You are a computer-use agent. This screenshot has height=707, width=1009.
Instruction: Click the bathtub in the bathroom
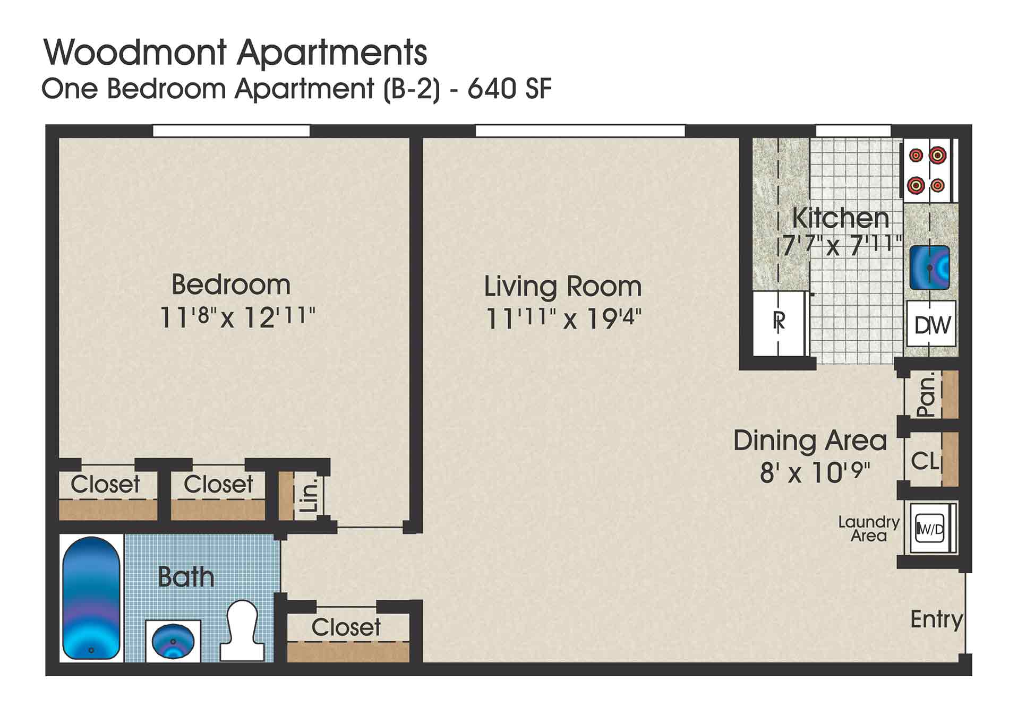(91, 598)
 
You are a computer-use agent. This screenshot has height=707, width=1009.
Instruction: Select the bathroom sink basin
(173, 641)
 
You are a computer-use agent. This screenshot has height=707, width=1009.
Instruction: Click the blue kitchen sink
(929, 268)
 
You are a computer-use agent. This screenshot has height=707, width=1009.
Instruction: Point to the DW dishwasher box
(932, 324)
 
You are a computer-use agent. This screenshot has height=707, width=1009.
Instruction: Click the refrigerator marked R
(779, 322)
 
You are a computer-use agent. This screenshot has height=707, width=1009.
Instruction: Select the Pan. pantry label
(926, 395)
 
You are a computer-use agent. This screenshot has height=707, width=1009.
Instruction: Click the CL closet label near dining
(925, 461)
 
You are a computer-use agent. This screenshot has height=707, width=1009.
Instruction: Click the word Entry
(936, 619)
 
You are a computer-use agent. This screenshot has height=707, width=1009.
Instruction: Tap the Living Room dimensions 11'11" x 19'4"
(563, 319)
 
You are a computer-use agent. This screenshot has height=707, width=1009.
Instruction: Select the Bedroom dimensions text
(237, 317)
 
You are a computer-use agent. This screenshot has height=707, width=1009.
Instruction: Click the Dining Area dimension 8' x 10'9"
(815, 472)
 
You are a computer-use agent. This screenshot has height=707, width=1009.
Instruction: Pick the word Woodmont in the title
(135, 53)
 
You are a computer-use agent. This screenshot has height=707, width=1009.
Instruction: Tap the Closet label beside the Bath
(346, 627)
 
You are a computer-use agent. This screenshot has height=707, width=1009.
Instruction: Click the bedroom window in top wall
(231, 131)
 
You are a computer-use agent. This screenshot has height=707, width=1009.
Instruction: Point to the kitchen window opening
(853, 131)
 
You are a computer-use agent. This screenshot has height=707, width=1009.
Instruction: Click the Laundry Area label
(868, 529)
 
